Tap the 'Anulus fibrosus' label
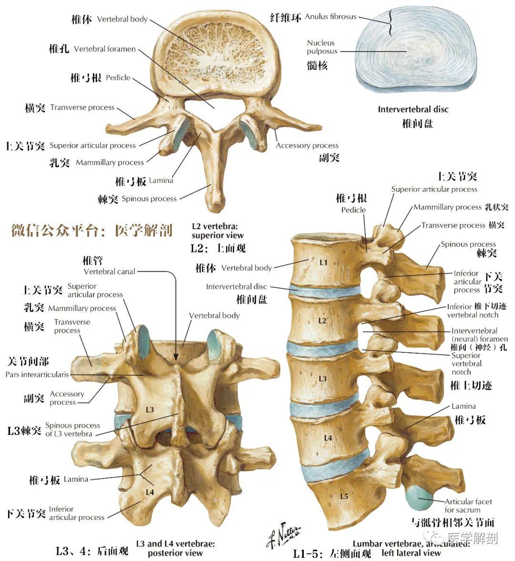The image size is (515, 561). point(330,17)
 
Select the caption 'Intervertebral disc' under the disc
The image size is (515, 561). point(413,109)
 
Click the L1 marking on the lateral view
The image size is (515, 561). point(324,262)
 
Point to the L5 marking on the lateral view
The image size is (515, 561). point(344,497)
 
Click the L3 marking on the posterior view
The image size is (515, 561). point(150,410)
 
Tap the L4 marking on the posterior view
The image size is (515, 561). point(150,492)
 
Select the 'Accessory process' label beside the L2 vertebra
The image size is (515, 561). point(307,146)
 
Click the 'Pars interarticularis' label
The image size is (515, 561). point(37,375)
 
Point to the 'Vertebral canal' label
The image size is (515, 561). point(110,272)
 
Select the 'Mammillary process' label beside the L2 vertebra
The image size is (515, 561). point(110,163)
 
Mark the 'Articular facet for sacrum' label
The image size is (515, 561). point(468,506)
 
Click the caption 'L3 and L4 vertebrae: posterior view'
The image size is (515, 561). point(175,548)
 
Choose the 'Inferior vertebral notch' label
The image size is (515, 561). point(473,311)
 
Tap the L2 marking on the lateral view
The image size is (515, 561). point(322,321)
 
